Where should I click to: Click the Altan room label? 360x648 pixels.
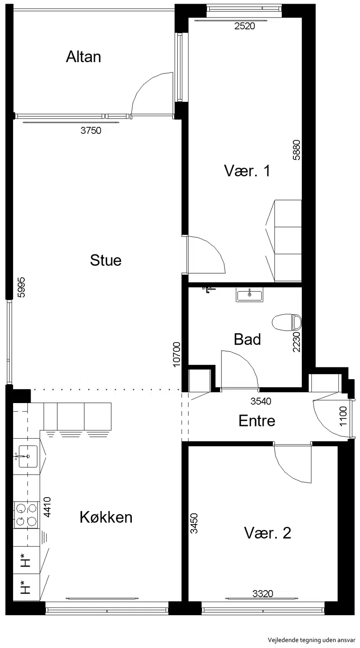pyautogui.click(x=84, y=57)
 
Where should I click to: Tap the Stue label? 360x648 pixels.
pyautogui.click(x=106, y=260)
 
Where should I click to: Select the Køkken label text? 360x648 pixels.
pyautogui.click(x=106, y=517)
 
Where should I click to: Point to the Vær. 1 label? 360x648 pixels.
pyautogui.click(x=247, y=171)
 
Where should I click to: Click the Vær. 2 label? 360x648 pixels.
pyautogui.click(x=267, y=533)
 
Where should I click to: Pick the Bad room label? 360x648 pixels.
pyautogui.click(x=247, y=340)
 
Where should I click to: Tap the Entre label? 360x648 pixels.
pyautogui.click(x=257, y=421)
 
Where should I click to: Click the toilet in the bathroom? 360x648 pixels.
pyautogui.click(x=287, y=322)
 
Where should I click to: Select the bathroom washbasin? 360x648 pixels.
pyautogui.click(x=250, y=295)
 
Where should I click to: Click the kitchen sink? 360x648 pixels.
pyautogui.click(x=28, y=456)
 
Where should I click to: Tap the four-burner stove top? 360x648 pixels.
pyautogui.click(x=26, y=515)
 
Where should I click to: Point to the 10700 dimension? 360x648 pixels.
pyautogui.click(x=176, y=354)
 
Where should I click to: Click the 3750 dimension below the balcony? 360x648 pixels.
pyautogui.click(x=91, y=131)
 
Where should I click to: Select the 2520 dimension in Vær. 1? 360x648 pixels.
pyautogui.click(x=245, y=26)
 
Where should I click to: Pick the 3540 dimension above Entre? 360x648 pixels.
pyautogui.click(x=261, y=401)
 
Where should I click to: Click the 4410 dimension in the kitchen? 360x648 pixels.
pyautogui.click(x=47, y=507)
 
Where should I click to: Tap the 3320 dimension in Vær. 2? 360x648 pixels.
pyautogui.click(x=262, y=594)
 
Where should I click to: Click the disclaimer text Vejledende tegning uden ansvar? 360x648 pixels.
pyautogui.click(x=311, y=640)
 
